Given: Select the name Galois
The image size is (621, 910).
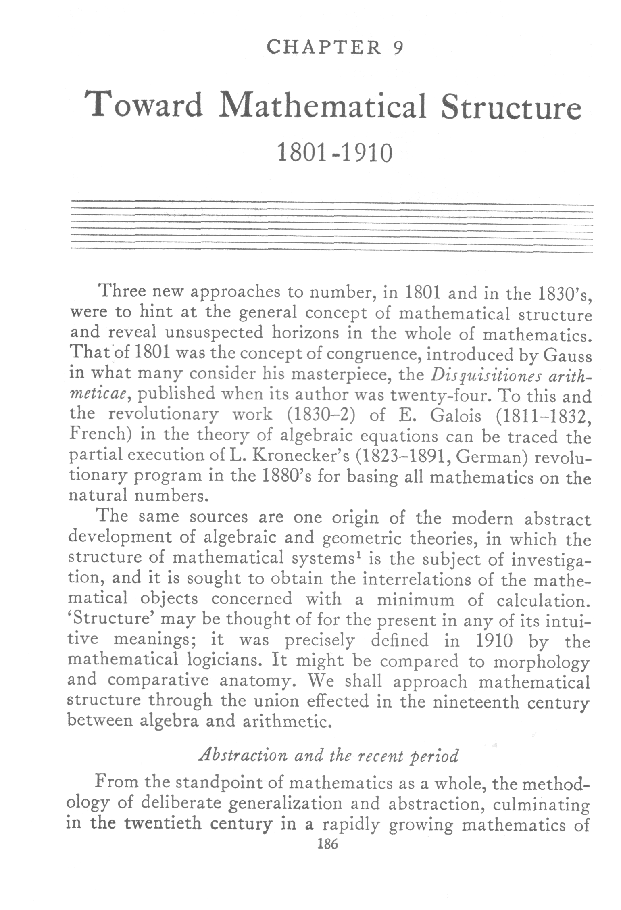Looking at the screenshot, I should tap(456, 416).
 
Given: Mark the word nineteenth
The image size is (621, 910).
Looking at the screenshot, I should tap(476, 702).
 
